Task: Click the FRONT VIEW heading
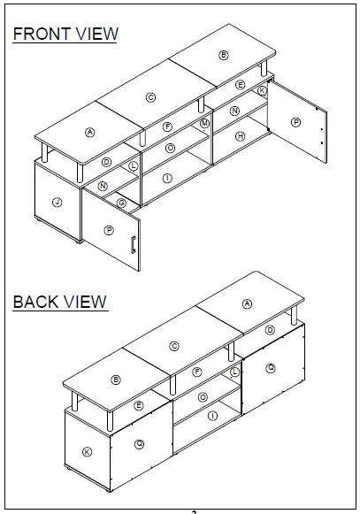point(65,35)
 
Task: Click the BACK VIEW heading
point(60,302)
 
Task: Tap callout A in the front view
point(89,132)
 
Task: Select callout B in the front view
point(224,55)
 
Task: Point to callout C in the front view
point(150,97)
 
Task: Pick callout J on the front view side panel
point(57,203)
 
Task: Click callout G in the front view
point(121,203)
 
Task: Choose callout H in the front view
point(240,136)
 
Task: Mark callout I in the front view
point(167,179)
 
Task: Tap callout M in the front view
point(204,123)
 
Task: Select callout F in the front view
point(167,127)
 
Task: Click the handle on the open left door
point(132,246)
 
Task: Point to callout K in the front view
point(262,90)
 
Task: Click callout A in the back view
point(247,303)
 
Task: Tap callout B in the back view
point(116,380)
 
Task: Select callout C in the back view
point(174,346)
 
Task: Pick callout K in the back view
point(86,452)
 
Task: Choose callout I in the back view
point(211,416)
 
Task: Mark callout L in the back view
point(234,372)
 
